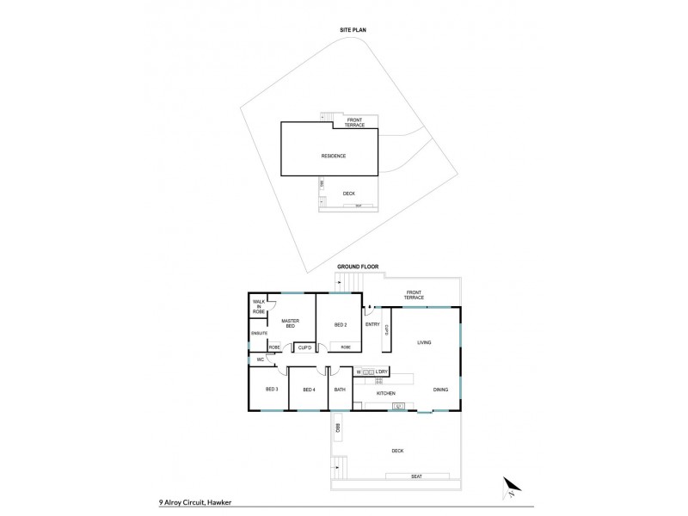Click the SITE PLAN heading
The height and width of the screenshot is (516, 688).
coord(353,31)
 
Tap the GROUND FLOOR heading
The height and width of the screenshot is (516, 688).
coord(358,267)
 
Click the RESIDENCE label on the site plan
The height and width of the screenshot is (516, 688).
coord(333,156)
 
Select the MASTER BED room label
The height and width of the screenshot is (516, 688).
coord(289,323)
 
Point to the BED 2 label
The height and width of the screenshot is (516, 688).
coord(340,325)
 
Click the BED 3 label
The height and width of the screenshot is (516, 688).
coord(271,390)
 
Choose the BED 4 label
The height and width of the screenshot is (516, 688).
coord(309,390)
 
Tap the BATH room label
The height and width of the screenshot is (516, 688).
coord(340,390)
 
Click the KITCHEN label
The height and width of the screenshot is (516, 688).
coord(384,393)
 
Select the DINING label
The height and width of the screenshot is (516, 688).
coord(440,390)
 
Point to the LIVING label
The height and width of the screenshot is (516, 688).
coord(424,342)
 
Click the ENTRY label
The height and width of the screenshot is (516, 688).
coord(372,324)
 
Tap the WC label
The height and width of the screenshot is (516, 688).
coord(259,359)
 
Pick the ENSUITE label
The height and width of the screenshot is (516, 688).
coord(260,333)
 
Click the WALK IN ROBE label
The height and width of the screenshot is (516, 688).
coord(259,306)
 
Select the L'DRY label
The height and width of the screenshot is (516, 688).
coord(384,372)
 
